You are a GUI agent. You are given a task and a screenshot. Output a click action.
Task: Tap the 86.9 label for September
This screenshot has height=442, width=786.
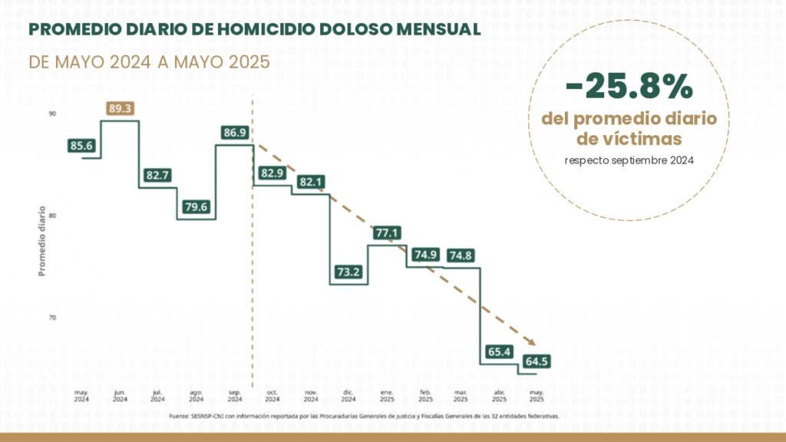[x=235, y=133]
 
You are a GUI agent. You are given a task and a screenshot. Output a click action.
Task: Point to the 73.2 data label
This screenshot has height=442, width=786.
[x=349, y=272]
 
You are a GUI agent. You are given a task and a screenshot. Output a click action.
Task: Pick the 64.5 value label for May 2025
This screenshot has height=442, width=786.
[x=537, y=361]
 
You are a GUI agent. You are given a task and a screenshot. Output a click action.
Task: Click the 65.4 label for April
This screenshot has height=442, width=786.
[x=499, y=352]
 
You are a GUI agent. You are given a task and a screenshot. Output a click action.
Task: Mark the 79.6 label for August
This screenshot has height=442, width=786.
[x=197, y=206]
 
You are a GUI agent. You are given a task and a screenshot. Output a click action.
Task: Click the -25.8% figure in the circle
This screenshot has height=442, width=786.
[x=629, y=88]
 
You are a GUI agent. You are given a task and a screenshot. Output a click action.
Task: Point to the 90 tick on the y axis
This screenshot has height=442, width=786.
[x=52, y=114]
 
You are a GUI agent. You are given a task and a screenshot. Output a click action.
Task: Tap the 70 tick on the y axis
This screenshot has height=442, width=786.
[x=52, y=317]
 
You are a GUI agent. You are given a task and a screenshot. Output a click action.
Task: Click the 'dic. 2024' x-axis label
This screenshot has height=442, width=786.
[x=348, y=396]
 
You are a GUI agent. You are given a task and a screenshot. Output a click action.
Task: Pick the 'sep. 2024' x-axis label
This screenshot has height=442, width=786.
[x=235, y=396]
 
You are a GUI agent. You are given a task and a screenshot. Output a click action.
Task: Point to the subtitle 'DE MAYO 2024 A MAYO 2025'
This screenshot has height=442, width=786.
[x=149, y=62]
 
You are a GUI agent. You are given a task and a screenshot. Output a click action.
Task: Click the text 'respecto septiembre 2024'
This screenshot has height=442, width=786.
[x=629, y=160]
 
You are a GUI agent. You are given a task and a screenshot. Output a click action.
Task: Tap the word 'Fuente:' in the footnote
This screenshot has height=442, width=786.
[x=178, y=417]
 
